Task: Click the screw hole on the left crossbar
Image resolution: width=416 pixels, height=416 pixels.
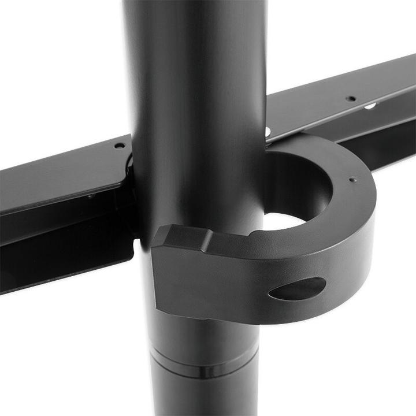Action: click(x=119, y=146)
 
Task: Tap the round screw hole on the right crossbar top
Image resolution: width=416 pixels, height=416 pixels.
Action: click(x=351, y=99)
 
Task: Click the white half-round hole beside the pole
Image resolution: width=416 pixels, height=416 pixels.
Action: click(x=269, y=132)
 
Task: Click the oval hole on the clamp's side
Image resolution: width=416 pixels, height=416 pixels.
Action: click(x=298, y=288)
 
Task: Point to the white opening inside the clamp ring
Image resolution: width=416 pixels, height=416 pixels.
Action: click(x=283, y=221)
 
